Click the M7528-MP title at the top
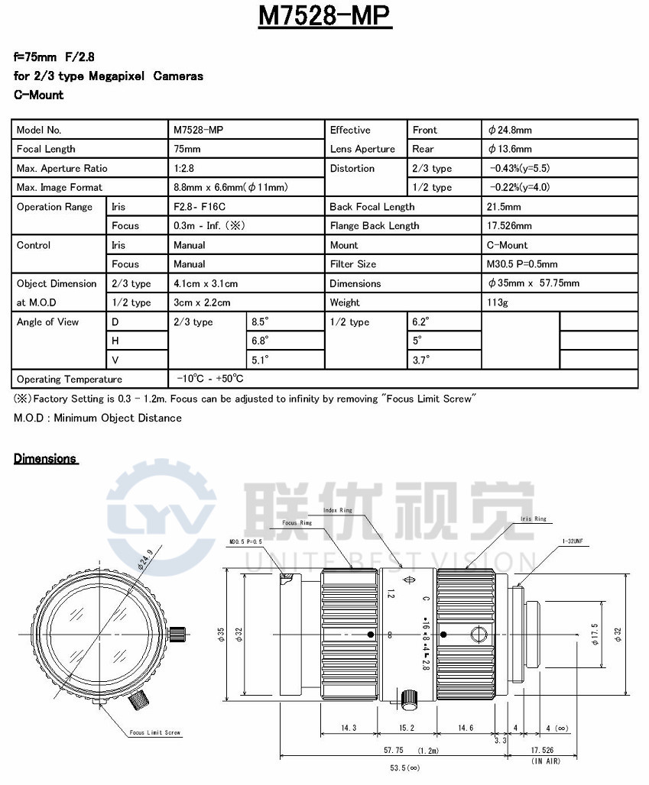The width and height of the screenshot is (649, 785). pos(325,18)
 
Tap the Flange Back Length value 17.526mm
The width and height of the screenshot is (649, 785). pos(509,225)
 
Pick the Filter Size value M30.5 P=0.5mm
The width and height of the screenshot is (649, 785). pos(522,264)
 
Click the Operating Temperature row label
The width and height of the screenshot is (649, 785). pos(70,380)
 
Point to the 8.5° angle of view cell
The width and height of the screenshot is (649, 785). pos(262,321)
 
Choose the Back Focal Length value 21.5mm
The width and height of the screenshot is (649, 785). pos(504,206)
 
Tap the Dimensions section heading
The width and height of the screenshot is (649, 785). pos(46,458)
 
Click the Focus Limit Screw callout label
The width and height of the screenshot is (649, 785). pos(155,732)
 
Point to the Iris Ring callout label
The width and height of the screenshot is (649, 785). pos(533,518)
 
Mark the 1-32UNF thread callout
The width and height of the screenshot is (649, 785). pos(571,541)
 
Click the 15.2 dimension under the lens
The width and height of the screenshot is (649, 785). pos(407,728)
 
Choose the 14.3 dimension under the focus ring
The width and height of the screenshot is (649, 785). pos(349,728)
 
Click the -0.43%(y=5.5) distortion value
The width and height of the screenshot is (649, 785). pos(520,168)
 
